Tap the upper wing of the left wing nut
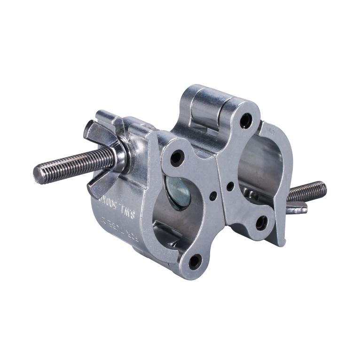coord(94,129)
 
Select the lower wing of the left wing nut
coord(99,188)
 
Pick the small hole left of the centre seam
coord(213,195)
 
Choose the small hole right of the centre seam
coord(230,186)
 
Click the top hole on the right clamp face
coord(246,121)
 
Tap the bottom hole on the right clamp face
coord(262,221)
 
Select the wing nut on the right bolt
coord(296,207)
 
